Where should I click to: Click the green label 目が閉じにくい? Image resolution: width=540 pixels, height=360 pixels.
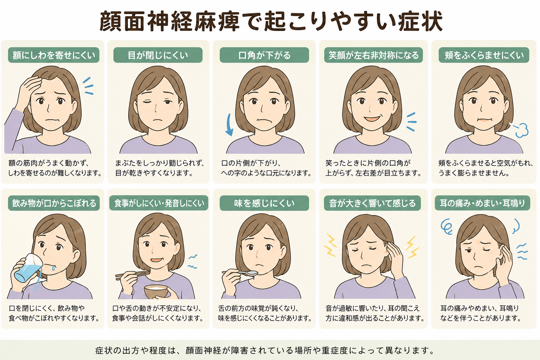158,55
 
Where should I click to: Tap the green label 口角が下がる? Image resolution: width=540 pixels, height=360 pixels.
264,55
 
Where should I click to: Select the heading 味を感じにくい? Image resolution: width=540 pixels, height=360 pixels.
264,203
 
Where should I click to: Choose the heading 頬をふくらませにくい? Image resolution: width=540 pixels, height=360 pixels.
484,55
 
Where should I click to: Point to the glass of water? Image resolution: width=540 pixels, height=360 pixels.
28,268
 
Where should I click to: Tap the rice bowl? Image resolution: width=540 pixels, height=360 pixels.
156,291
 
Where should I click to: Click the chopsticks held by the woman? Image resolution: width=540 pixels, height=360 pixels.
133,275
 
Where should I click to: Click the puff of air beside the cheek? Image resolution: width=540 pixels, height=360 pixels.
520,130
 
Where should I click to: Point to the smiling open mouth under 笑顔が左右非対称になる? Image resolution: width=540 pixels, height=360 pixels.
372,118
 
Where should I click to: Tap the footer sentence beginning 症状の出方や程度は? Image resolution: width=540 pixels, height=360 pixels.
265,350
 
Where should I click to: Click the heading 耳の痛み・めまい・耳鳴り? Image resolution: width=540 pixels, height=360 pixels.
482,203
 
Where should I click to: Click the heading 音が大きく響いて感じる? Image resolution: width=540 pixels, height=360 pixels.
372,203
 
